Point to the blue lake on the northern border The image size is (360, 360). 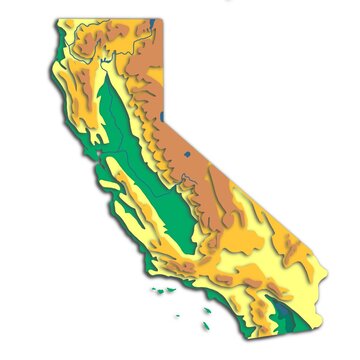coord(150,20)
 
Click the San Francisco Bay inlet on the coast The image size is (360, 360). coord(96,154)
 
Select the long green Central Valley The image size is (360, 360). coord(135,160)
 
